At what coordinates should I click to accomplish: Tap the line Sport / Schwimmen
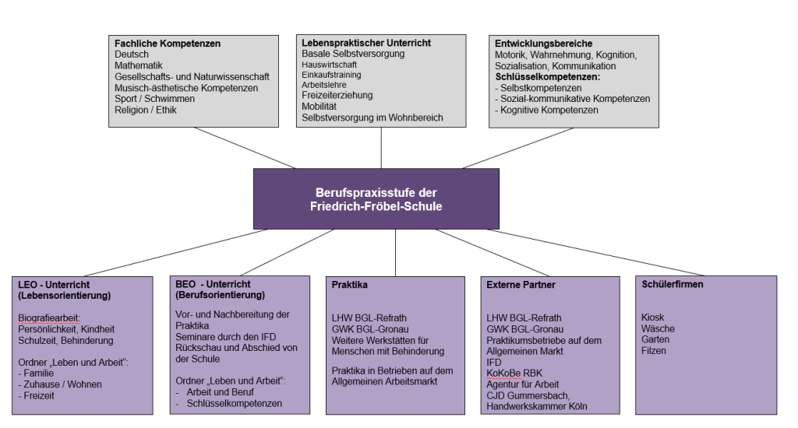pyautogui.click(x=154, y=100)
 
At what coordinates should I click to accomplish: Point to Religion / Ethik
pyautogui.click(x=145, y=111)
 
